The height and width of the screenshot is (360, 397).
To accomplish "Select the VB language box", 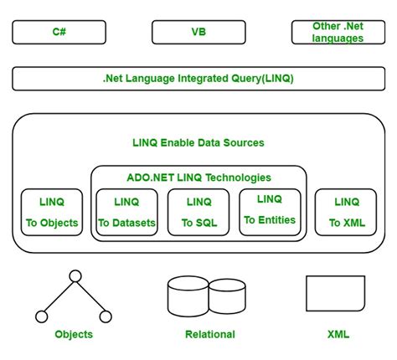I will [198, 33].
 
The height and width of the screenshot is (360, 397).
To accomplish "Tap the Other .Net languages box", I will [338, 33].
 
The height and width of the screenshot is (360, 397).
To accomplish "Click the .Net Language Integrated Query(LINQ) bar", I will [198, 79].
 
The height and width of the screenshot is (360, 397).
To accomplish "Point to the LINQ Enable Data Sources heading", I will [198, 142].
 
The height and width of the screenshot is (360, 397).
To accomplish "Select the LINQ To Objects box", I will [53, 212].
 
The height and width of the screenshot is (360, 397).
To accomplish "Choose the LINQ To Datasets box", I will [128, 212].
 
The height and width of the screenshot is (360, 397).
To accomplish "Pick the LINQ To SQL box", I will [199, 212].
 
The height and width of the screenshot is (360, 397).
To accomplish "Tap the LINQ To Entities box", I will [270, 210].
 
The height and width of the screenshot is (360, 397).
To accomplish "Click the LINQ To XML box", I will [346, 212].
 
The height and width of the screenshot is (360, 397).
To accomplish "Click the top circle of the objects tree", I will [75, 275].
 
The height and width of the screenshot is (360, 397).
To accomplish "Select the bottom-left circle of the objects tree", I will [42, 316].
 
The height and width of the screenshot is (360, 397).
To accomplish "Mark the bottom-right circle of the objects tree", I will [106, 316].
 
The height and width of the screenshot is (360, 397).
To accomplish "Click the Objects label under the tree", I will [74, 334].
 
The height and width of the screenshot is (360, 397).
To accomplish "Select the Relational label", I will [210, 334].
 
